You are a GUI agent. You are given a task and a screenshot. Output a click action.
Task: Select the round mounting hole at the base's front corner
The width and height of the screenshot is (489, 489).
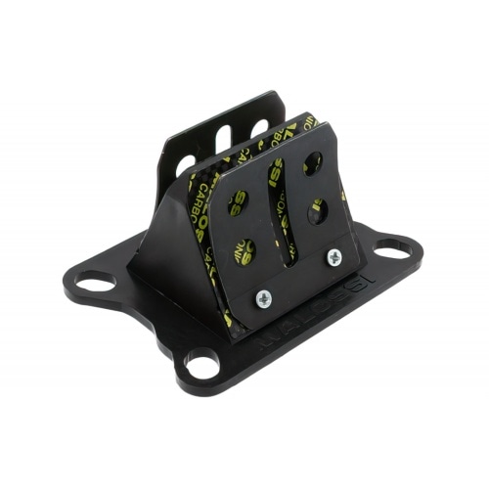pyautogui.click(x=202, y=367)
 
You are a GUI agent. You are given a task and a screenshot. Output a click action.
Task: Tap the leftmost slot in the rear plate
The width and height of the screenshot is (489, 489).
pyautogui.click(x=186, y=164)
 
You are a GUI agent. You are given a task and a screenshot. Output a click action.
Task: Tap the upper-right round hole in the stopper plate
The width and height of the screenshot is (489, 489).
pyautogui.click(x=312, y=162)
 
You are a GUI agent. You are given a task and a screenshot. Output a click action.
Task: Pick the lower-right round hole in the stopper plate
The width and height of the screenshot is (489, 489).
pyautogui.click(x=318, y=209)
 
